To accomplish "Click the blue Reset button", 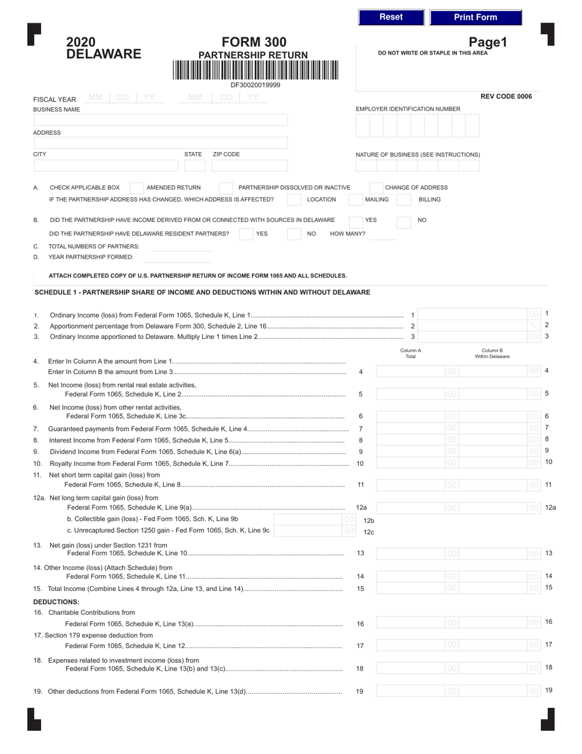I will pos(391,17).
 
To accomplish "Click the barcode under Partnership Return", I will pos(255,70).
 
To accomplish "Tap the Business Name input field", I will pos(160,120).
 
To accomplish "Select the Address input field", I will pos(160,143).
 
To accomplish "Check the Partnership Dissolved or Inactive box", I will pos(225,188).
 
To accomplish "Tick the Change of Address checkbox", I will pos(376,188).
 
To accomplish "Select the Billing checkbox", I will pos(404,200).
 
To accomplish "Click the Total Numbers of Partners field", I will pos(181,246).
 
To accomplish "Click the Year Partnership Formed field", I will pos(181,257).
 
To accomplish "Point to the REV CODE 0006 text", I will pos(506,96).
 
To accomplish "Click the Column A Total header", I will pos(410,353).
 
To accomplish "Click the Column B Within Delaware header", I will pos(492,353).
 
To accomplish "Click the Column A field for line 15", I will pos(417,588).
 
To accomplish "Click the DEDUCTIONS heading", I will pos(56,601).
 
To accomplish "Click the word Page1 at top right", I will pos(488,42).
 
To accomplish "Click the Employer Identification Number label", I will pos(408,109).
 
